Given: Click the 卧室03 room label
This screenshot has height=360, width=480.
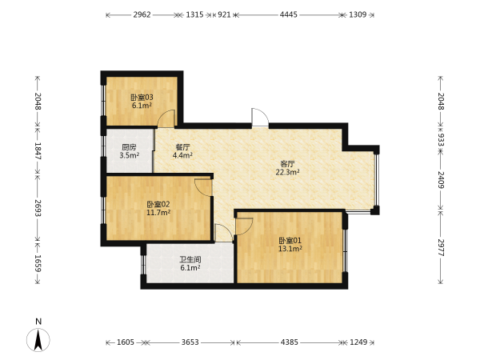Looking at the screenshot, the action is point(142,98).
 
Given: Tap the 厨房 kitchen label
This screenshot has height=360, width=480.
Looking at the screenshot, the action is point(129,147).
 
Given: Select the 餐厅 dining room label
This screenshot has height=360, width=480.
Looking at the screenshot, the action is point(182,147).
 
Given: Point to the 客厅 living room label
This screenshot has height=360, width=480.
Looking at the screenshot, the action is point(287,164).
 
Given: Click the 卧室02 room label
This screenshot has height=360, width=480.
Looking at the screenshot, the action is point(158,204).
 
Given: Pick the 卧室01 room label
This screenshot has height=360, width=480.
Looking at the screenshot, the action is point(290,240).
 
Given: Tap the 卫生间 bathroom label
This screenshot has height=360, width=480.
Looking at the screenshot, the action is point(190,260).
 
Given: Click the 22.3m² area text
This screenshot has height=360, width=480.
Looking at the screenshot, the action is point(287,172).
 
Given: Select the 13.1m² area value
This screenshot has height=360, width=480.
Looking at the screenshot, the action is point(290,249).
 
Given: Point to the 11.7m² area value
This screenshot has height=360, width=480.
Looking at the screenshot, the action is point(158,213).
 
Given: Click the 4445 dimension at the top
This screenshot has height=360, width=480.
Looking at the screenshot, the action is point(288,14).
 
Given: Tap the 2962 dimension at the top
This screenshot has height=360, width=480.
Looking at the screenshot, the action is point(142,14).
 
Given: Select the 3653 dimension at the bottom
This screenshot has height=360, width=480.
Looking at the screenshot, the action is point(190,342).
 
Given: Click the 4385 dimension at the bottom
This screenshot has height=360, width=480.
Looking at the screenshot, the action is point(290,342).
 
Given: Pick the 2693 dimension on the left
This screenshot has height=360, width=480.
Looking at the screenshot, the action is point(38,208).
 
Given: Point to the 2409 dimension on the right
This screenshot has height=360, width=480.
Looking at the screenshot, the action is point(441,180).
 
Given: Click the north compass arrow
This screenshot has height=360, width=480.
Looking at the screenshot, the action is point(38,340).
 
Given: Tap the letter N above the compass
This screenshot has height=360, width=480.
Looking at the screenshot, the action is point(38,322).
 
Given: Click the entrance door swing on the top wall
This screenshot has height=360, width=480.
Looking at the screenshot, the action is point(260,117).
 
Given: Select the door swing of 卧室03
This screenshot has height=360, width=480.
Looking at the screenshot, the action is point(166,118).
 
